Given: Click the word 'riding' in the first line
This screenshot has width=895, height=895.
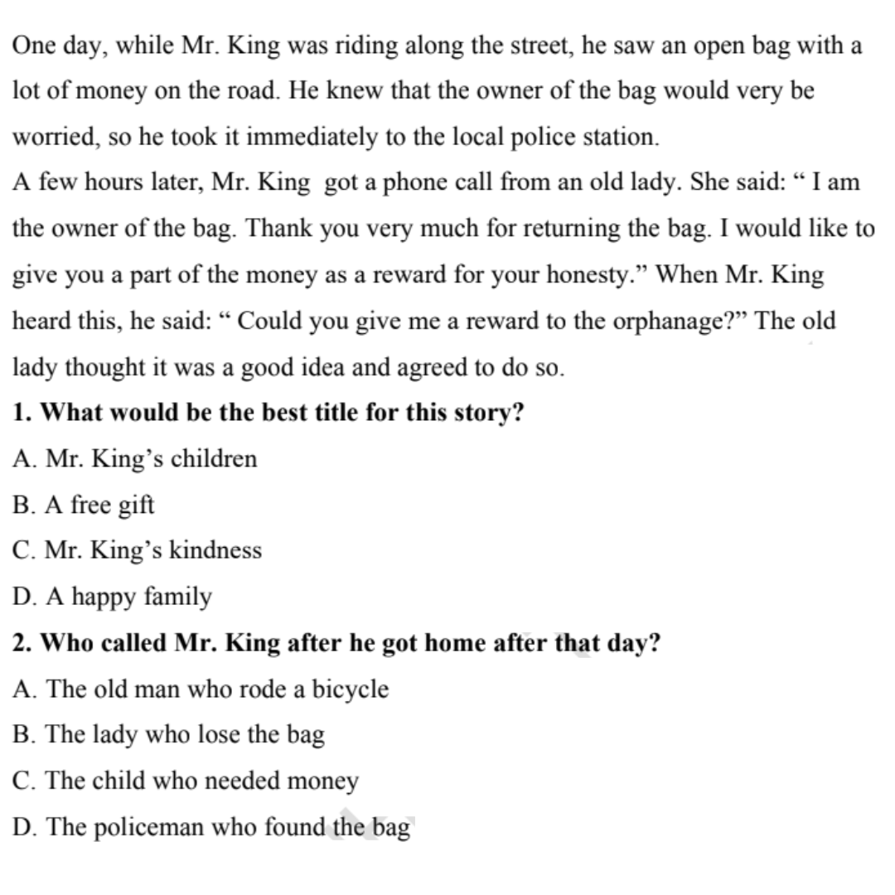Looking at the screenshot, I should (x=367, y=46).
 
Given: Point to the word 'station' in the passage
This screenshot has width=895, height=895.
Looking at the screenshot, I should (x=617, y=137).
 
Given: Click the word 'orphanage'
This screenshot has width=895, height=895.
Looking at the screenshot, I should (x=675, y=322).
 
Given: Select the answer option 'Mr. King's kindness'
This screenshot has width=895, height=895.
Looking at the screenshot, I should (x=138, y=550).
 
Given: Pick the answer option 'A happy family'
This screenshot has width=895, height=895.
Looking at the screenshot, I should (x=113, y=597).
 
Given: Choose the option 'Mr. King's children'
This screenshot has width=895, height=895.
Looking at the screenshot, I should (x=135, y=459).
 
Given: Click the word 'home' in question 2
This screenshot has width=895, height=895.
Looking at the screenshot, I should (x=454, y=643).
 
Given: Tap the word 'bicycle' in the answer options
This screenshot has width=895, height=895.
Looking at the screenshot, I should (x=350, y=689).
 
